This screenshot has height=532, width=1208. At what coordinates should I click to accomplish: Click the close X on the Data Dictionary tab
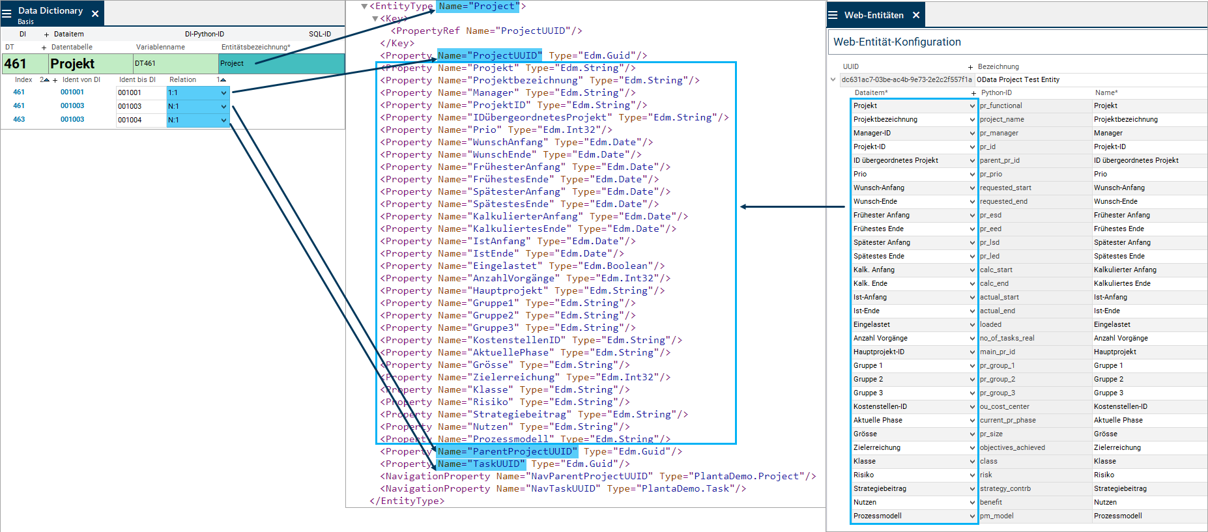point(95,14)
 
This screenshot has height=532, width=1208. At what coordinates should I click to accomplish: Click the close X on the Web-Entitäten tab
point(916,15)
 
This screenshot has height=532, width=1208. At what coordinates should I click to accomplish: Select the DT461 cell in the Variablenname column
point(145,64)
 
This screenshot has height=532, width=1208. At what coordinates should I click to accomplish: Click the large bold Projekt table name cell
point(73,64)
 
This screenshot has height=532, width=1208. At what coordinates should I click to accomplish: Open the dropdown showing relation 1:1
point(223,92)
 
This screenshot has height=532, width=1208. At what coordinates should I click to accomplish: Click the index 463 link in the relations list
point(19,120)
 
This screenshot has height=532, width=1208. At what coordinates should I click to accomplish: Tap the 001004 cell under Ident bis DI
point(130,120)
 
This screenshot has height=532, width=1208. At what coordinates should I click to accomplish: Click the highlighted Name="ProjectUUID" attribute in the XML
point(489,55)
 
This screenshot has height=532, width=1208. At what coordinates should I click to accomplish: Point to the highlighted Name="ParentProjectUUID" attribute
point(507,451)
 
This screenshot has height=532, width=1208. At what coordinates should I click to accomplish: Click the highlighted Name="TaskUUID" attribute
point(481,464)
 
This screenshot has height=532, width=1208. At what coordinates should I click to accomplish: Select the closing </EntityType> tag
point(407,501)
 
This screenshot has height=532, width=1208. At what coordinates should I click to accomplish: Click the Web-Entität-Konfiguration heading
point(897,42)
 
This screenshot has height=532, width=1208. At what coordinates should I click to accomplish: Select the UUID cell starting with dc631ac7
point(906,79)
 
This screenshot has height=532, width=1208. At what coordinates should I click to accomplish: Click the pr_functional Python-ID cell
point(1001,105)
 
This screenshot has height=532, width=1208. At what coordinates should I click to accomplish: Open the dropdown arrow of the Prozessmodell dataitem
point(972,516)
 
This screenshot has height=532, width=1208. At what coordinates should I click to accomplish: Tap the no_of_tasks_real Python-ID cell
point(1007,338)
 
